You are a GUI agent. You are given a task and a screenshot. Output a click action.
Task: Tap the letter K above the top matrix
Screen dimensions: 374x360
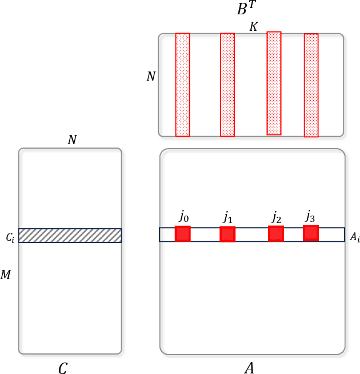pyautogui.click(x=253, y=27)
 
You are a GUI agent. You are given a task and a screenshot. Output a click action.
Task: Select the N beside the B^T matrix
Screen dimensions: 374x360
pyautogui.click(x=151, y=76)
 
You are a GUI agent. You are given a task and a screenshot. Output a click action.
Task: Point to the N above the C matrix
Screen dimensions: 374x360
pyautogui.click(x=72, y=140)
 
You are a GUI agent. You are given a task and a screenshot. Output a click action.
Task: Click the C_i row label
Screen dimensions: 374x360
pyautogui.click(x=10, y=237)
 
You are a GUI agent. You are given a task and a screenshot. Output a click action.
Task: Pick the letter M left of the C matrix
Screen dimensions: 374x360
pyautogui.click(x=6, y=276)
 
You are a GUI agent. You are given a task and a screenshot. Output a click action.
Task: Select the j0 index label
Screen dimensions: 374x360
pyautogui.click(x=183, y=216)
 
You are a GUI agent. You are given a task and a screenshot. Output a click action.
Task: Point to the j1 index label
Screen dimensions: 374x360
pyautogui.click(x=227, y=217)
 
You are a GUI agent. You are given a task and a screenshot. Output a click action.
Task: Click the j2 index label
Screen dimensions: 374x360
pyautogui.click(x=276, y=217)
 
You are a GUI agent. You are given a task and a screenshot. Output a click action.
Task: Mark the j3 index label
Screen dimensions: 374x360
pyautogui.click(x=310, y=216)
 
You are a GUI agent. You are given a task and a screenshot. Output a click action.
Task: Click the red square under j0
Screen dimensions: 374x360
pyautogui.click(x=182, y=234)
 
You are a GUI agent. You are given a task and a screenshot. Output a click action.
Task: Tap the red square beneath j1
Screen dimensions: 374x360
pyautogui.click(x=227, y=234)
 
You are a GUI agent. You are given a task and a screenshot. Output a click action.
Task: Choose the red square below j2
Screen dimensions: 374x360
pyautogui.click(x=276, y=233)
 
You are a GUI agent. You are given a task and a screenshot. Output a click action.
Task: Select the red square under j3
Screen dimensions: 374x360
pyautogui.click(x=311, y=233)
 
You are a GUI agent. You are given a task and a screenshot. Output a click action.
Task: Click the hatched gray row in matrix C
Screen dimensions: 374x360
pyautogui.click(x=70, y=236)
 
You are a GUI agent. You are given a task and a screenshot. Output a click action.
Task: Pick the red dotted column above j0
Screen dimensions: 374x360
pyautogui.click(x=182, y=85)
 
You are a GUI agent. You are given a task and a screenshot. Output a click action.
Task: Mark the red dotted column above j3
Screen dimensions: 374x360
pyautogui.click(x=311, y=85)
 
